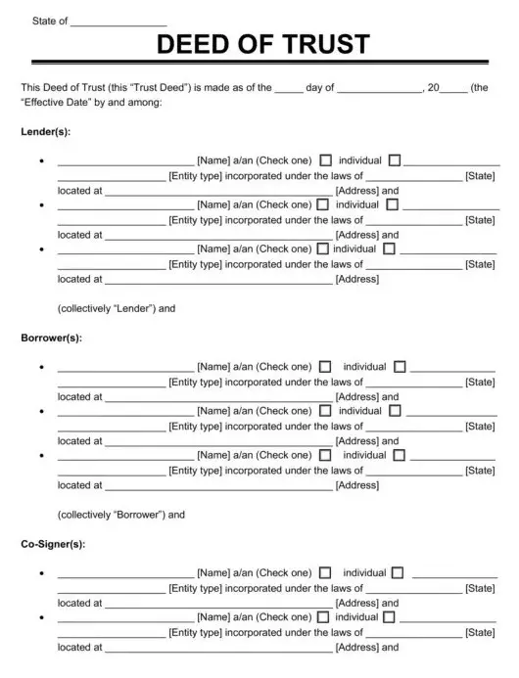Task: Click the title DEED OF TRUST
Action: pos(263,44)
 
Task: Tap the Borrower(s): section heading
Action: pos(51,338)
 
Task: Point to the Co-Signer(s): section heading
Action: pos(53,544)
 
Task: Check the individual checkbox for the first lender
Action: pos(326,160)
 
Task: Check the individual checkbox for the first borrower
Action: pos(326,367)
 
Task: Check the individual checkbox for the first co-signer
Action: pos(326,573)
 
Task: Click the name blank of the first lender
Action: pos(125,161)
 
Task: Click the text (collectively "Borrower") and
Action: pos(121,515)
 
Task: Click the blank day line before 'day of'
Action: pos(288,88)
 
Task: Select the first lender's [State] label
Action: pos(480,176)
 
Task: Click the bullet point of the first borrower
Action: pos(41,368)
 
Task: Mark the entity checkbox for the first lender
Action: pos(395,160)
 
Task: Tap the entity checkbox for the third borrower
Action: pos(401,456)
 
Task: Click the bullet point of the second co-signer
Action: pos(41,618)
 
